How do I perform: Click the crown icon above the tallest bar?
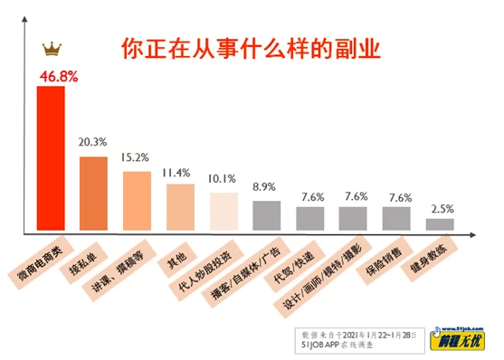coord(51,49)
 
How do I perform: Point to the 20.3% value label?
coord(93,143)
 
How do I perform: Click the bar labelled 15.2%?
coord(137,199)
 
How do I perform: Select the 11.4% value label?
coord(179,172)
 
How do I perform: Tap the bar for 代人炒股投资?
coord(223,209)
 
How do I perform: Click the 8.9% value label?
coord(265,186)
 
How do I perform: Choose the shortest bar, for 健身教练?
coord(439,223)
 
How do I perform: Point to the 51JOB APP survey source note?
coord(361,337)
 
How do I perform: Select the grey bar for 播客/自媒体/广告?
coord(265,213)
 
